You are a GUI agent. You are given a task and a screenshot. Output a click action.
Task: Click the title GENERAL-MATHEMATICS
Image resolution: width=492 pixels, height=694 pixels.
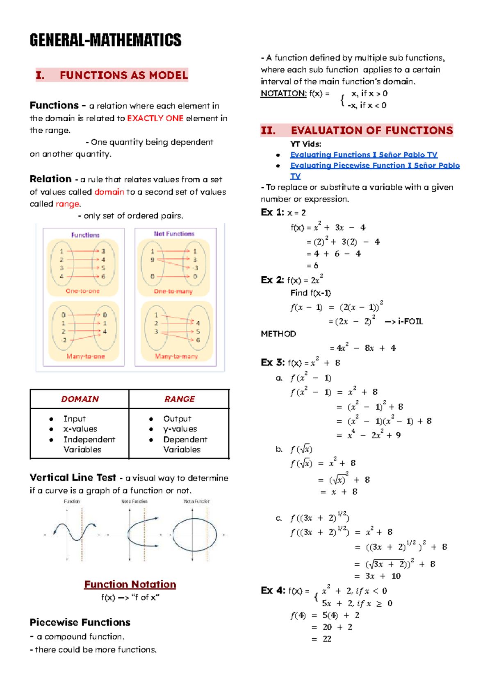click(x=105, y=40)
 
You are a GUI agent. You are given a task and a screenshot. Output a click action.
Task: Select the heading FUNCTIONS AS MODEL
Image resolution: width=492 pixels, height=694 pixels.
click(x=123, y=75)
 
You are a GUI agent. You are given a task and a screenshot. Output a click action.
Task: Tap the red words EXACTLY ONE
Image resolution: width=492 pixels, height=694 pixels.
click(x=155, y=118)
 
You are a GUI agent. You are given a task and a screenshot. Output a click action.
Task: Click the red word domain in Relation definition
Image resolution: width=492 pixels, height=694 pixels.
click(x=109, y=192)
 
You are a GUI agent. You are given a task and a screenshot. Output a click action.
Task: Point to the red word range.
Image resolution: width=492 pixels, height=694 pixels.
click(x=67, y=204)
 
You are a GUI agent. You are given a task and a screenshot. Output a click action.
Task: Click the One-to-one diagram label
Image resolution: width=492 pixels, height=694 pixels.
click(x=82, y=291)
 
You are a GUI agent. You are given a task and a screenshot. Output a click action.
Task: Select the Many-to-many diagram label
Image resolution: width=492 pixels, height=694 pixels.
click(x=176, y=356)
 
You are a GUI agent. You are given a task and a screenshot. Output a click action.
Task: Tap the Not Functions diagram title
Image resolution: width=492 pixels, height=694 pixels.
click(x=174, y=234)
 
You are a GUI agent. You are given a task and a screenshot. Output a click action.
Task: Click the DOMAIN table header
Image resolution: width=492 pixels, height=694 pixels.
click(x=80, y=399)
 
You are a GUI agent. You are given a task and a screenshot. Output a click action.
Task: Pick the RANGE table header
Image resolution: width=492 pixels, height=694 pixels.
click(x=179, y=399)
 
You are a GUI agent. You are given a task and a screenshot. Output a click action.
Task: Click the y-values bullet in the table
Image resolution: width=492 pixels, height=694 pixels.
click(x=180, y=429)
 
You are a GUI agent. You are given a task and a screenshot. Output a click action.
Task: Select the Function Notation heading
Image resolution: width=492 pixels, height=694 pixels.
click(x=130, y=585)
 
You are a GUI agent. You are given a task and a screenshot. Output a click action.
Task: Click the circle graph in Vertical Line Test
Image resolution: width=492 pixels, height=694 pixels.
click(x=194, y=535)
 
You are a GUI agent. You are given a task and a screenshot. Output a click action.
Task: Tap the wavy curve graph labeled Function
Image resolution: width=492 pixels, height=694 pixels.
click(x=74, y=532)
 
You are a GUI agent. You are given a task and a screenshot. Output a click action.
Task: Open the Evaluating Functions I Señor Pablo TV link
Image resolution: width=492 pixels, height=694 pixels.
click(x=363, y=155)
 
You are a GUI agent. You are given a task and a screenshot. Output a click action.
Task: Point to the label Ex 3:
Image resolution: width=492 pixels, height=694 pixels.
click(x=272, y=363)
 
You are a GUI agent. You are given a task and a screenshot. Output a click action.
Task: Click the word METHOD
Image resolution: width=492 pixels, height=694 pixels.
click(x=278, y=334)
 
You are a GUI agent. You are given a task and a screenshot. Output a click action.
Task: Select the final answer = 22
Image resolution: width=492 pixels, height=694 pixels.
click(x=322, y=639)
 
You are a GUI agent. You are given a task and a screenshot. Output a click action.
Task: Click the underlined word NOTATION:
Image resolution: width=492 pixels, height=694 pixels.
click(x=283, y=94)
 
